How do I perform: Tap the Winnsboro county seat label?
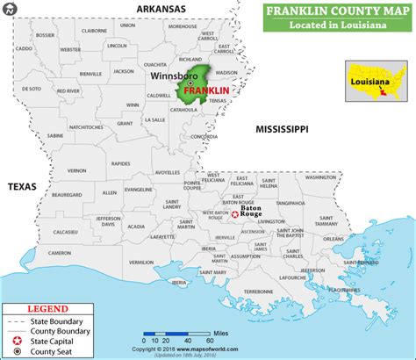(x=168, y=76)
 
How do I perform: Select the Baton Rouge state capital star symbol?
(x=234, y=215)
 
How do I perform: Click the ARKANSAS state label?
(x=161, y=8)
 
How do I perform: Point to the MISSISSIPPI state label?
(x=281, y=129)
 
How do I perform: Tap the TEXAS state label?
(x=21, y=187)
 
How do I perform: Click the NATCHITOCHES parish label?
(x=97, y=127)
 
